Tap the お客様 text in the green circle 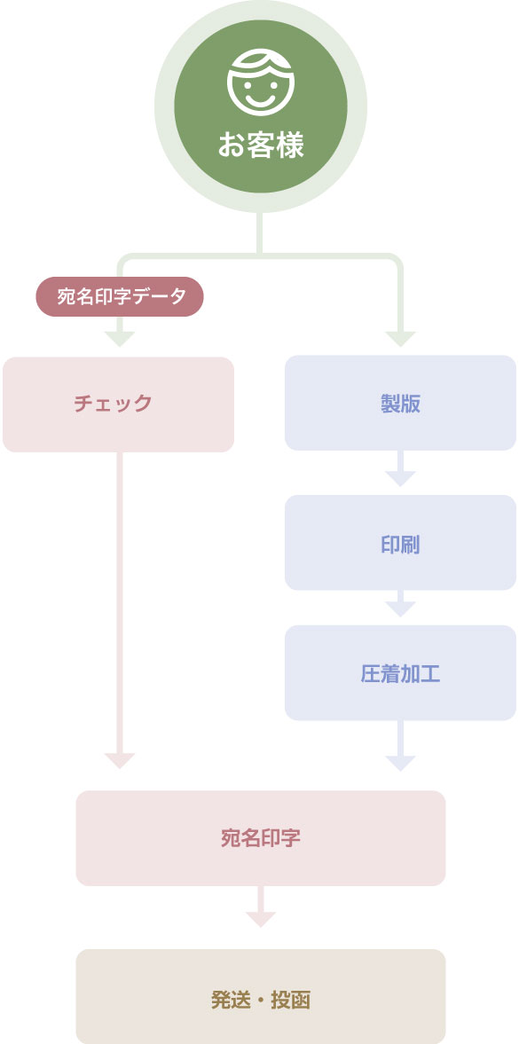coord(261,145)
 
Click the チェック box coord(119,404)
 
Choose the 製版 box coord(400,403)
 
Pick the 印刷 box coord(400,543)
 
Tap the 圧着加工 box coord(400,672)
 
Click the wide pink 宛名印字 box coord(261,838)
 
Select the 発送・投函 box coord(261,996)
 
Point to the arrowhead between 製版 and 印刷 coord(400,477)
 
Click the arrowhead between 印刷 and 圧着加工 coord(400,608)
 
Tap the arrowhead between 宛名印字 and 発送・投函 coord(261,919)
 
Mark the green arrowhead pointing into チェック coord(120,338)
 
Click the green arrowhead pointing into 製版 coord(400,338)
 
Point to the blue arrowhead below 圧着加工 coord(400,763)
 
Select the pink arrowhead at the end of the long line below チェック coord(120,760)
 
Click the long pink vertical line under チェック coord(120,602)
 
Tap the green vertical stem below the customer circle coord(260,233)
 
